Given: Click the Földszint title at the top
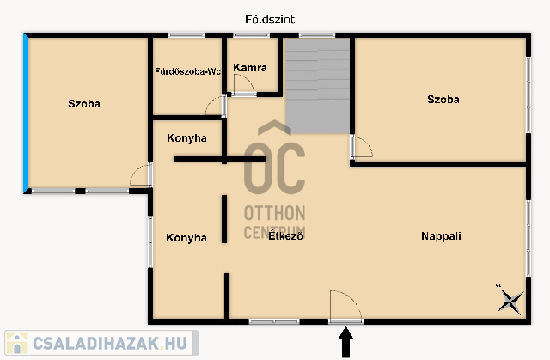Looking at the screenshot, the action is [270, 19].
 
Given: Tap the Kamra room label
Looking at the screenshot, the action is [250, 68].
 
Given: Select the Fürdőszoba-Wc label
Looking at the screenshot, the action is [187, 71].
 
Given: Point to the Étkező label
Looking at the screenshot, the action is [285, 236].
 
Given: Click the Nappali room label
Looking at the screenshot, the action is [441, 236].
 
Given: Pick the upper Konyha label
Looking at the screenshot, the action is [186, 138].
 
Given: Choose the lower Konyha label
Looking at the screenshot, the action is [186, 238].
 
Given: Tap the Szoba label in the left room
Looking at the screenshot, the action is [84, 104].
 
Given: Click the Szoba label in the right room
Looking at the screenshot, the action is [443, 100].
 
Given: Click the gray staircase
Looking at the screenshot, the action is [317, 86].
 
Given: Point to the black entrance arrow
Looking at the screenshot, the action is [345, 342].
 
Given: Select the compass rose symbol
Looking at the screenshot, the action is [510, 300].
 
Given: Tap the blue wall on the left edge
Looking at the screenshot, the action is [26, 113].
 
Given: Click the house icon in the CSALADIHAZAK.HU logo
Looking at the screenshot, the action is [17, 343].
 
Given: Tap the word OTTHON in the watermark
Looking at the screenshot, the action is [275, 213].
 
